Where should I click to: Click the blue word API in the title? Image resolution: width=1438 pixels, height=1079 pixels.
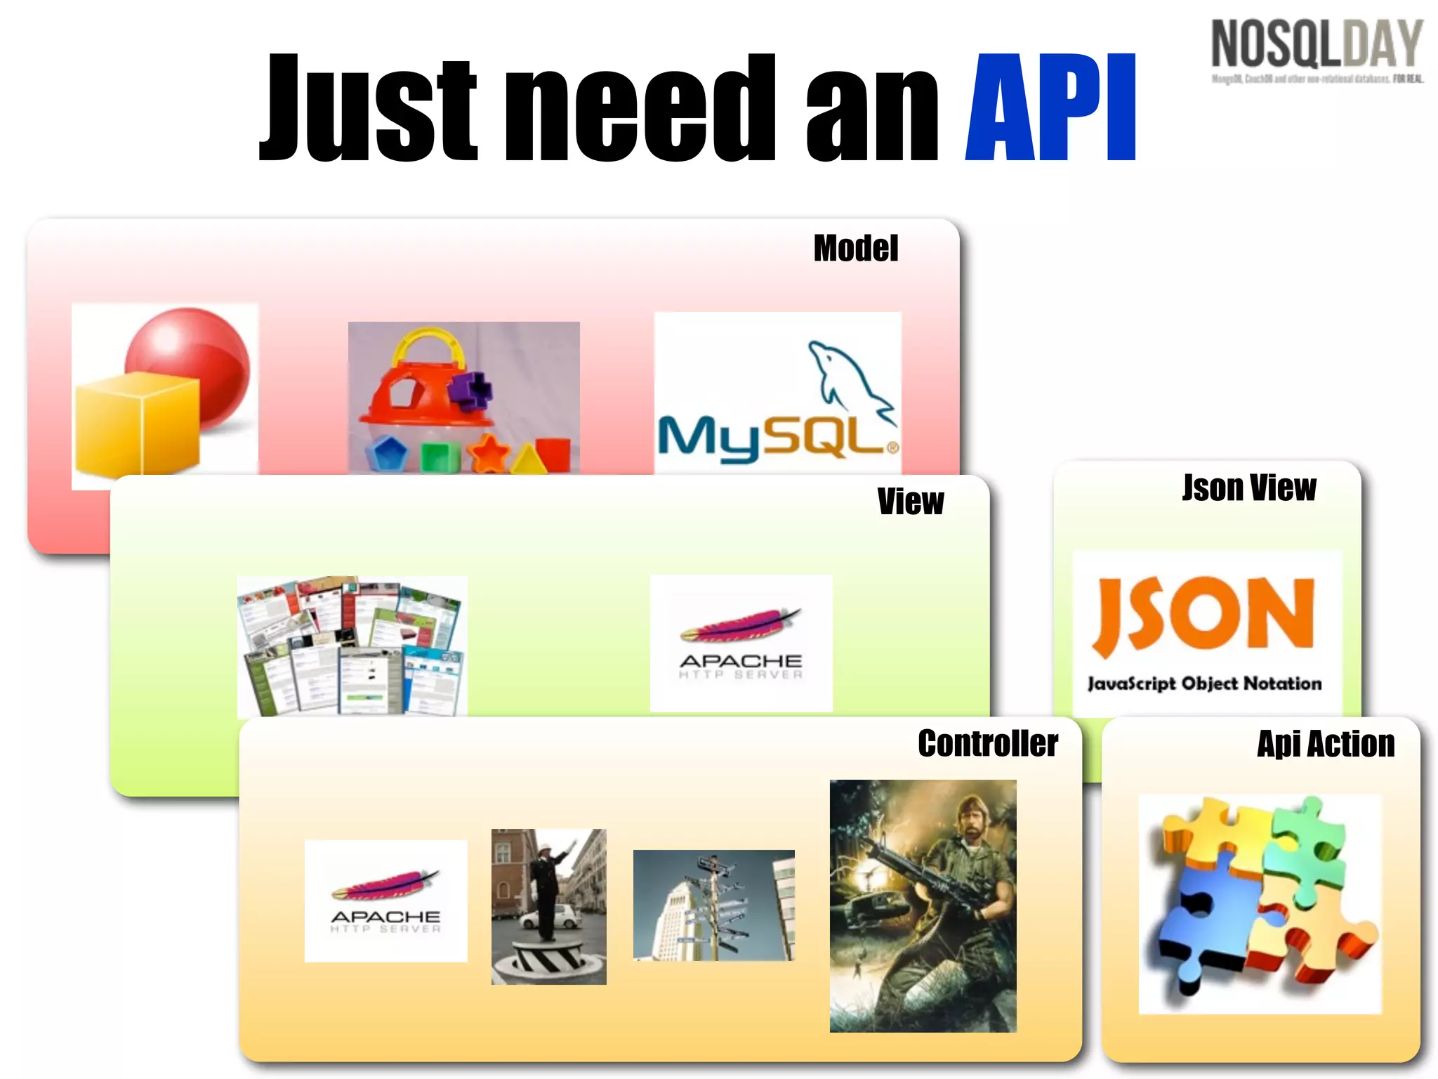pos(1051,109)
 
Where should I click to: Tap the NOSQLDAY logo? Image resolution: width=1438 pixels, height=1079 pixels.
pos(1317,46)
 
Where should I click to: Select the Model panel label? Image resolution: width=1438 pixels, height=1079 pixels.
pos(855,249)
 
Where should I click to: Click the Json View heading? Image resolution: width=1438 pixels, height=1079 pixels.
pos(1249,488)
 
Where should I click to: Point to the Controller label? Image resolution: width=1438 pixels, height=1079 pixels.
pos(988,744)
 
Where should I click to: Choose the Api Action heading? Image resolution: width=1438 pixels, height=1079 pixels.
pos(1326,745)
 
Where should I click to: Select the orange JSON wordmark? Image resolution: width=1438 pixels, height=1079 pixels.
pos(1203,615)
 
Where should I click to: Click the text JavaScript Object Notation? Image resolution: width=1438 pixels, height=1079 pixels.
pos(1204,684)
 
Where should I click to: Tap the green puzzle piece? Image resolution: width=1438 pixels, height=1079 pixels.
pos(1306,843)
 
